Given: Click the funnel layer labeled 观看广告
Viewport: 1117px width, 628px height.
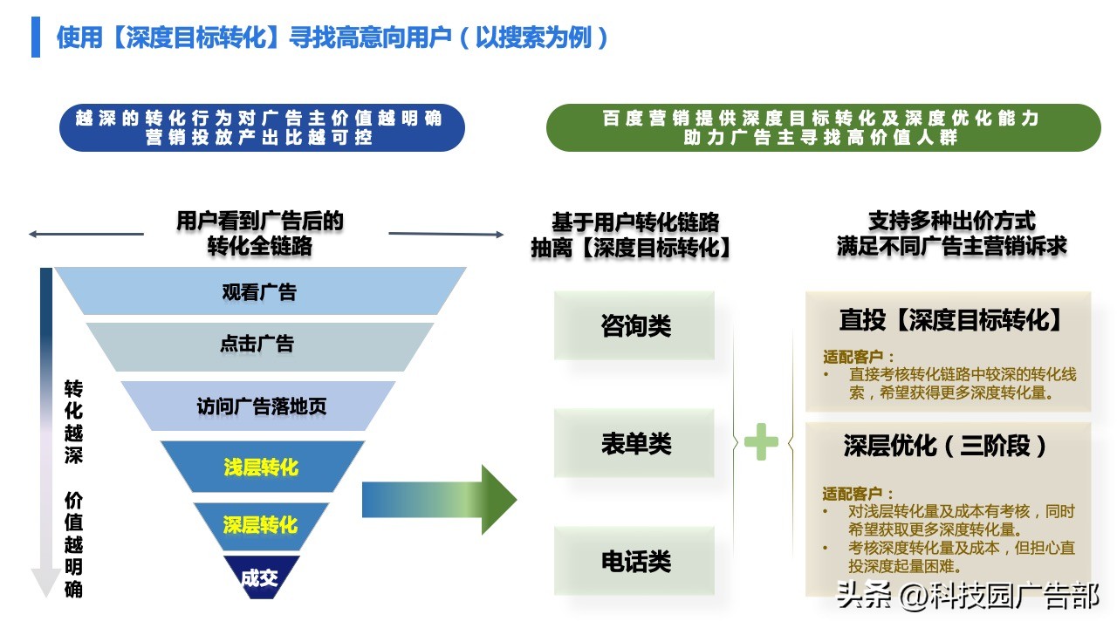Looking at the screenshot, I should (x=260, y=291).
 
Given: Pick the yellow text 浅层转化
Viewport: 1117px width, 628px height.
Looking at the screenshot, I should (x=261, y=468).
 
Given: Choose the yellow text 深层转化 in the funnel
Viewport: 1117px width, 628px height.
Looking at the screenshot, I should (x=260, y=525).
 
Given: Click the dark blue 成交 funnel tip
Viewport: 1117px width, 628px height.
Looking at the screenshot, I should (x=259, y=577).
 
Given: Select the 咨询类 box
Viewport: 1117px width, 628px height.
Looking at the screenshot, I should (x=635, y=326).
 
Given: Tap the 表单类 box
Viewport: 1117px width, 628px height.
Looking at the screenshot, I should (x=635, y=443).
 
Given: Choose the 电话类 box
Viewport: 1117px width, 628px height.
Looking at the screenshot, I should (x=635, y=561).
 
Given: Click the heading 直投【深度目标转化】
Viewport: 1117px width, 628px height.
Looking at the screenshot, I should (x=950, y=320).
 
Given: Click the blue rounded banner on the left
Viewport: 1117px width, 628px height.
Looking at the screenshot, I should (x=262, y=127).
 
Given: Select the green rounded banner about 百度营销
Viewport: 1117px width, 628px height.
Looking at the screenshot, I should (x=823, y=127).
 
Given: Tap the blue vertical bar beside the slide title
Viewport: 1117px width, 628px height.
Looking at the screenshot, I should (x=36, y=37).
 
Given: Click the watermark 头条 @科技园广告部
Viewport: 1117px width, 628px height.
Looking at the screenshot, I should (x=967, y=596).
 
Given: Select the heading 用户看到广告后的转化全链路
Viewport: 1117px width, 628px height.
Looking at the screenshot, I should (x=260, y=233).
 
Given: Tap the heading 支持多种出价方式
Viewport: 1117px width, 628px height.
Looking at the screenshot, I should (x=951, y=221).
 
